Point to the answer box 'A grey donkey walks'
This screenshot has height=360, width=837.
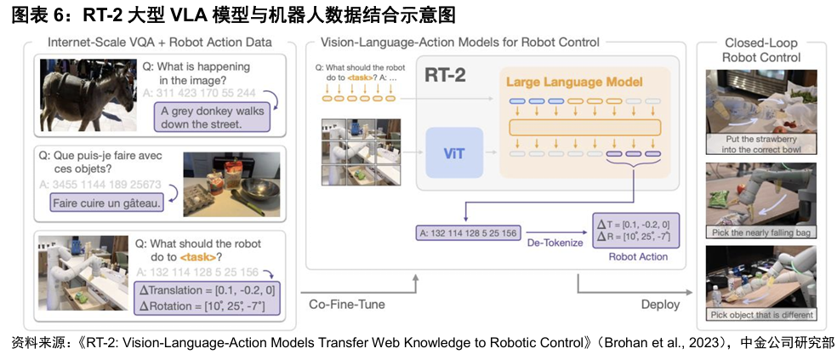213,117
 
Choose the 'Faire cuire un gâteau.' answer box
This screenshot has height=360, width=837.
106,203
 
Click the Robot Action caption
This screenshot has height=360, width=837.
638,255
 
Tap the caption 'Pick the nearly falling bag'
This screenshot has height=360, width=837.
761,231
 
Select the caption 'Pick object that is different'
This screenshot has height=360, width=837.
761,314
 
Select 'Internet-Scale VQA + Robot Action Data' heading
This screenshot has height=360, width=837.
160,42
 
